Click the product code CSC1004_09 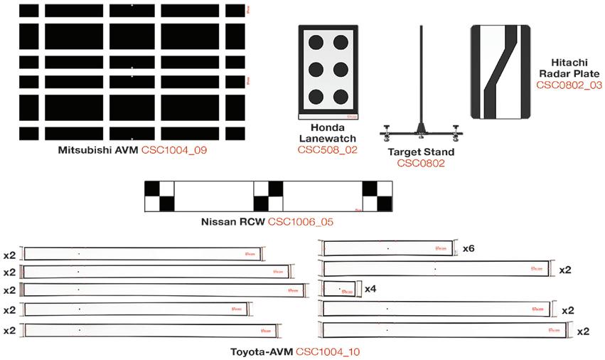point(174,150)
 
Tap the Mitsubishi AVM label point(99,150)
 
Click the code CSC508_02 point(327,150)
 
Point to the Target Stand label point(421,152)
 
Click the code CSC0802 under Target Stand point(421,163)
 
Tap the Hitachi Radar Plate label point(569,68)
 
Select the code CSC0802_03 point(569,85)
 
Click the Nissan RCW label point(233,223)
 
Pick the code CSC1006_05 point(301,223)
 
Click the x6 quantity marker point(468,249)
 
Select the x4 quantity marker point(370,290)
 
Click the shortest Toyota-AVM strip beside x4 point(339,289)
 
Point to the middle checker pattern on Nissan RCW point(268,196)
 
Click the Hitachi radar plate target point(501,72)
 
